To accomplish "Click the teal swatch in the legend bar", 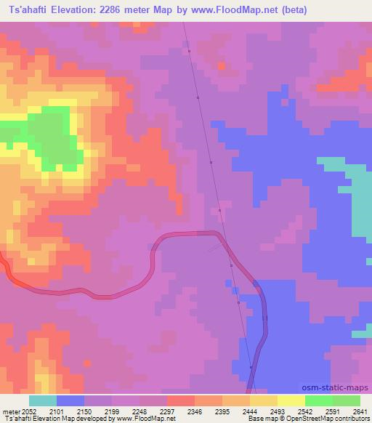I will coord(42,400).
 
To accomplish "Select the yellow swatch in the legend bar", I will coord(291,400).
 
